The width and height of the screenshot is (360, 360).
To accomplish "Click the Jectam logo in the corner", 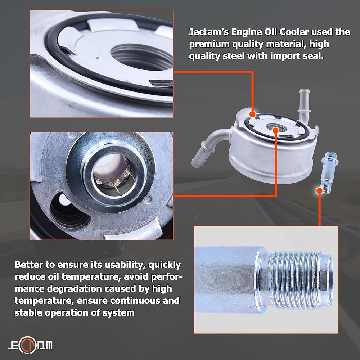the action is pyautogui.click(x=30, y=345).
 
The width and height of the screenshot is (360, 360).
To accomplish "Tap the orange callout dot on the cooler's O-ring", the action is pyautogui.click(x=252, y=114).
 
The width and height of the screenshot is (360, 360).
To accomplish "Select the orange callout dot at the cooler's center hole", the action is pyautogui.click(x=275, y=130).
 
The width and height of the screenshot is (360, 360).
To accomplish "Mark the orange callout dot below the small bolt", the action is pyautogui.click(x=319, y=190).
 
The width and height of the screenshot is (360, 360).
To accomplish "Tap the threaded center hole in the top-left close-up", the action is pyautogui.click(x=142, y=57).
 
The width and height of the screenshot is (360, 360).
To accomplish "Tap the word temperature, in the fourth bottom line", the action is pyautogui.click(x=44, y=301).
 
